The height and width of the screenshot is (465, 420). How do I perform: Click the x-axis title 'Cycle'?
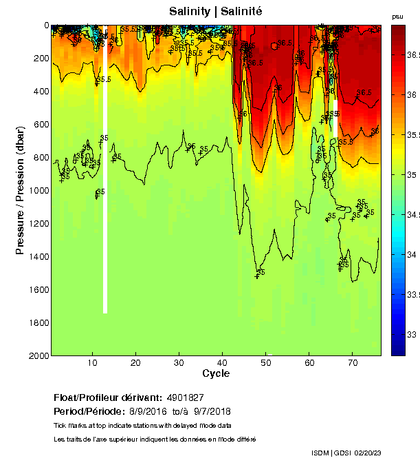[x=216, y=373]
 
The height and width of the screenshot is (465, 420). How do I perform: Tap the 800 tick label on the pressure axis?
[x=38, y=157]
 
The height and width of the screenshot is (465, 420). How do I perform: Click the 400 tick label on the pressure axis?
[x=38, y=91]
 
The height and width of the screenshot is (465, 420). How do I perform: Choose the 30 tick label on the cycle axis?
[x=179, y=362]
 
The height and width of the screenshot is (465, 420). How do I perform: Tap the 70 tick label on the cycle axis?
[x=352, y=362]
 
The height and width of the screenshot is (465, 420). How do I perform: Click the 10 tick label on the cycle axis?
[x=92, y=362]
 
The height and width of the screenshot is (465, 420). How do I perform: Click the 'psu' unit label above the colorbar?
[x=397, y=16]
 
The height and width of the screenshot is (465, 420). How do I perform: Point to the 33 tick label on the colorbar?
[x=412, y=335]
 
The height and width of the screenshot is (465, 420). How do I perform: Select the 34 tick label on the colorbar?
[x=412, y=255]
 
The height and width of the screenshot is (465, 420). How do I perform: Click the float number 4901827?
[x=185, y=397]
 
